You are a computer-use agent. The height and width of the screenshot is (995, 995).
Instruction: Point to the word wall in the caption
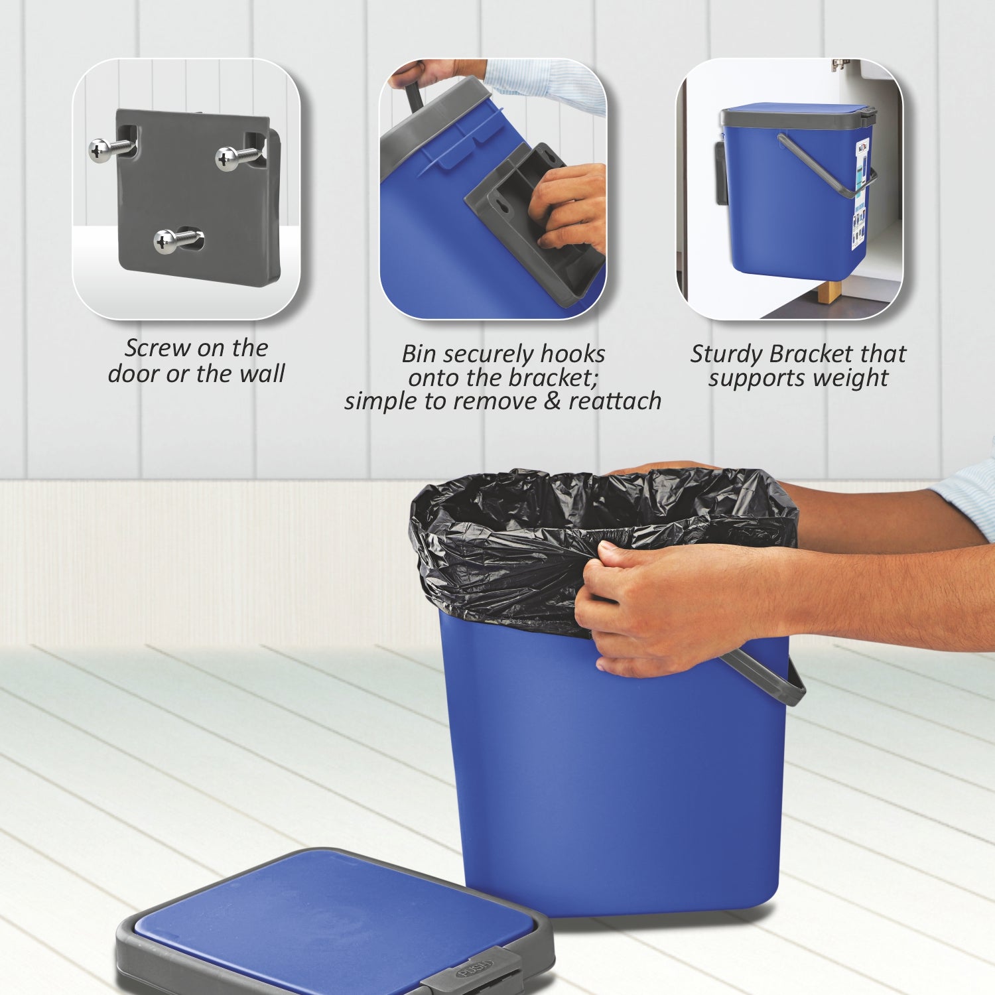coord(262,373)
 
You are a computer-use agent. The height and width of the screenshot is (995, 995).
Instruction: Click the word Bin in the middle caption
coord(418,354)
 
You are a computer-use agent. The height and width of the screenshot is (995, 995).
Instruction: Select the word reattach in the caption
coord(615,401)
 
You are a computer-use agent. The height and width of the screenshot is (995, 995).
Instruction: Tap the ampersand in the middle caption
coord(552,401)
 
